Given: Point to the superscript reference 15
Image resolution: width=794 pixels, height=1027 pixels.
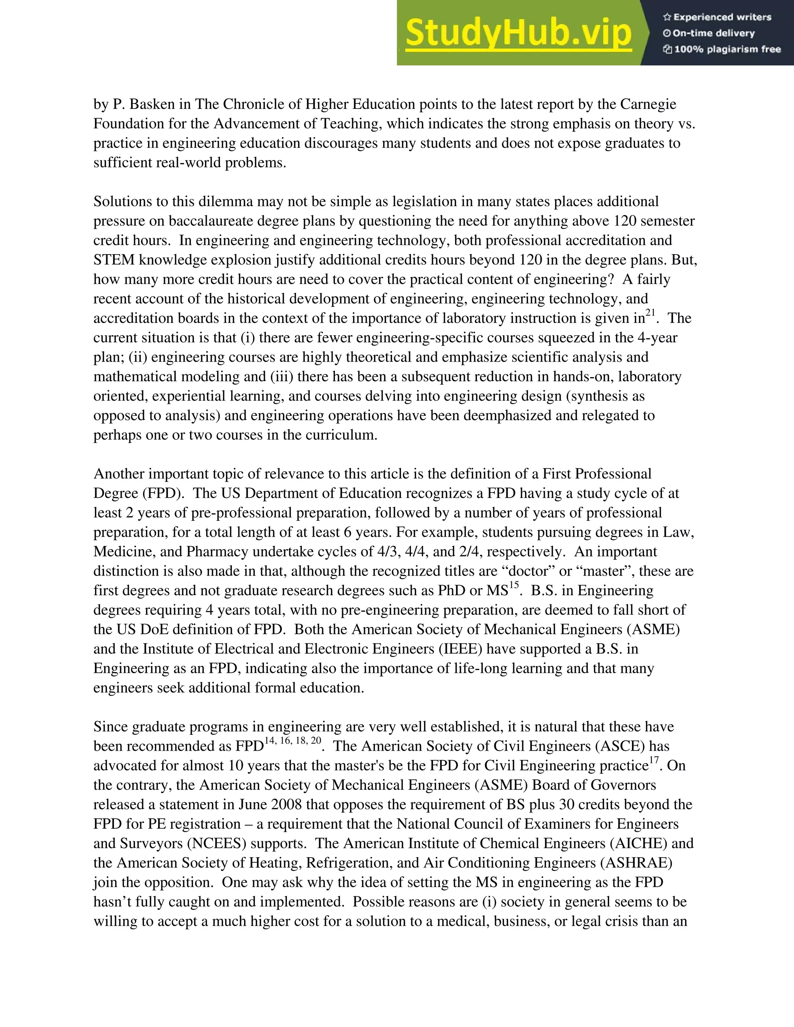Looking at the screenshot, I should tap(514, 585).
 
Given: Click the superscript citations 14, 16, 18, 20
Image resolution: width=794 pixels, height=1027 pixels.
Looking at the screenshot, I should tap(293, 741).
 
